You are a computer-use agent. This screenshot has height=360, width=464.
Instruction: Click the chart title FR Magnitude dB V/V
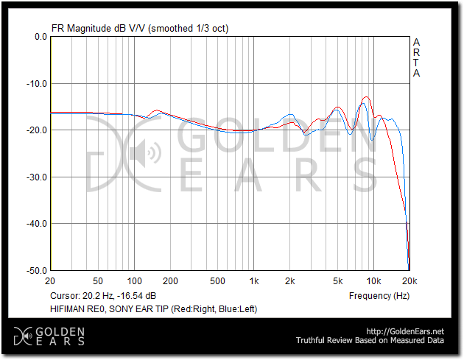click(x=99, y=28)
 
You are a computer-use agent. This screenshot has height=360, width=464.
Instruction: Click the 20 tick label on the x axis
click(x=50, y=281)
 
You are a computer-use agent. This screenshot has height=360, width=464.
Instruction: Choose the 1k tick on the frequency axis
click(x=253, y=281)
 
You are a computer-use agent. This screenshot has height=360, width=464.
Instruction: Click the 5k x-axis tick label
click(x=337, y=281)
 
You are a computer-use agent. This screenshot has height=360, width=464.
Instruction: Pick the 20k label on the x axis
click(x=409, y=281)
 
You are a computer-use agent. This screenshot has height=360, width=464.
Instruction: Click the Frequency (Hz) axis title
click(x=379, y=295)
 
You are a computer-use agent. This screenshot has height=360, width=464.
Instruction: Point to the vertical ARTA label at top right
click(x=417, y=57)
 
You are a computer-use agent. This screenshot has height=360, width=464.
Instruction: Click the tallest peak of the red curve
click(x=365, y=97)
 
